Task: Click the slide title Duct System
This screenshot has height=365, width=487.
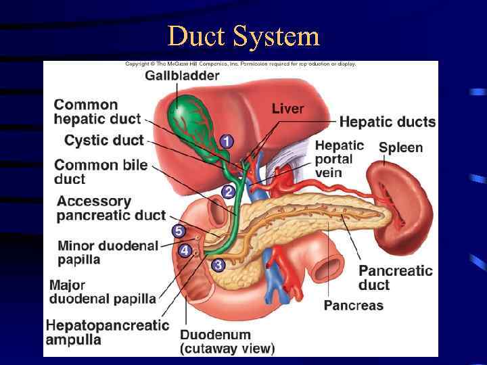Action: (243, 36)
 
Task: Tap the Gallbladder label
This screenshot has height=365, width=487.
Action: (182, 75)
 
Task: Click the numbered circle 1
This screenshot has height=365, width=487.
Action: (226, 141)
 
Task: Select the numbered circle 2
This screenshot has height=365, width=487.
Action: (229, 192)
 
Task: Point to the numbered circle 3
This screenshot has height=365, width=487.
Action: (218, 265)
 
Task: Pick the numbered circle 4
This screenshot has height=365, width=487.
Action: (184, 250)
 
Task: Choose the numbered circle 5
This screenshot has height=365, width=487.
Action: (179, 231)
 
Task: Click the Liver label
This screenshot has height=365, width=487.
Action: (287, 109)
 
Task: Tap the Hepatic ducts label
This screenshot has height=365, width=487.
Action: (387, 122)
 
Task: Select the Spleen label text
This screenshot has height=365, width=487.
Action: (400, 148)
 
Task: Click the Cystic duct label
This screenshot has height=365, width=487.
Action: (104, 141)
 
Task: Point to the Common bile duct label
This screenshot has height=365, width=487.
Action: (101, 172)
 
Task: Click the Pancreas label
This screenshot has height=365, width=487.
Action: (353, 306)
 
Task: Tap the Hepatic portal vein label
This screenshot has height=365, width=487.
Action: (339, 159)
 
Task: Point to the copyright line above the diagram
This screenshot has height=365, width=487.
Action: (240, 64)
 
